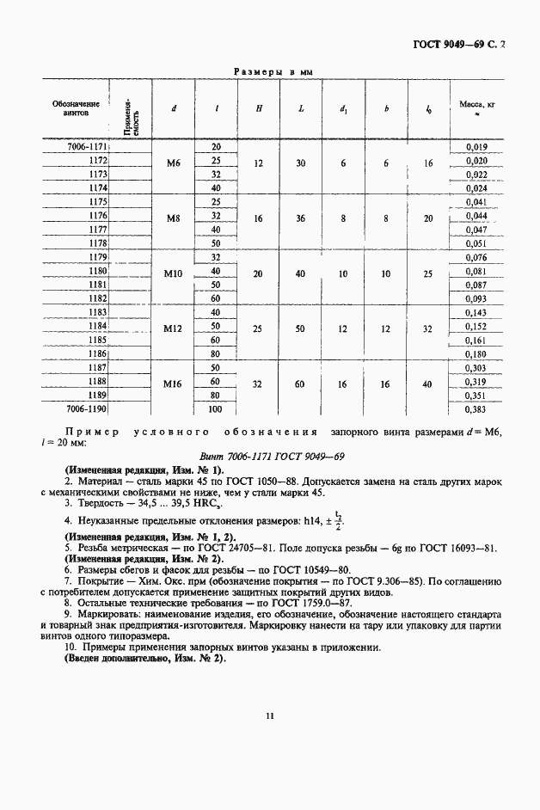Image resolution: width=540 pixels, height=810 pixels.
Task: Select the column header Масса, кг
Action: pos(476,107)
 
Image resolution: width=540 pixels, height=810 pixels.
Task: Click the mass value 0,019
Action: pos(476,147)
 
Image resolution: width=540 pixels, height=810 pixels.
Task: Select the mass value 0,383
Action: pos(476,410)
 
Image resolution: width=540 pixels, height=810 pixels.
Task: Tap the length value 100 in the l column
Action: pos(216,410)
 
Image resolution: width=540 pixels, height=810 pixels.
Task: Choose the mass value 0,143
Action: pos(476,312)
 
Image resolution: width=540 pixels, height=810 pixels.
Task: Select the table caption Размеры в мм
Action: pos(273,73)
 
